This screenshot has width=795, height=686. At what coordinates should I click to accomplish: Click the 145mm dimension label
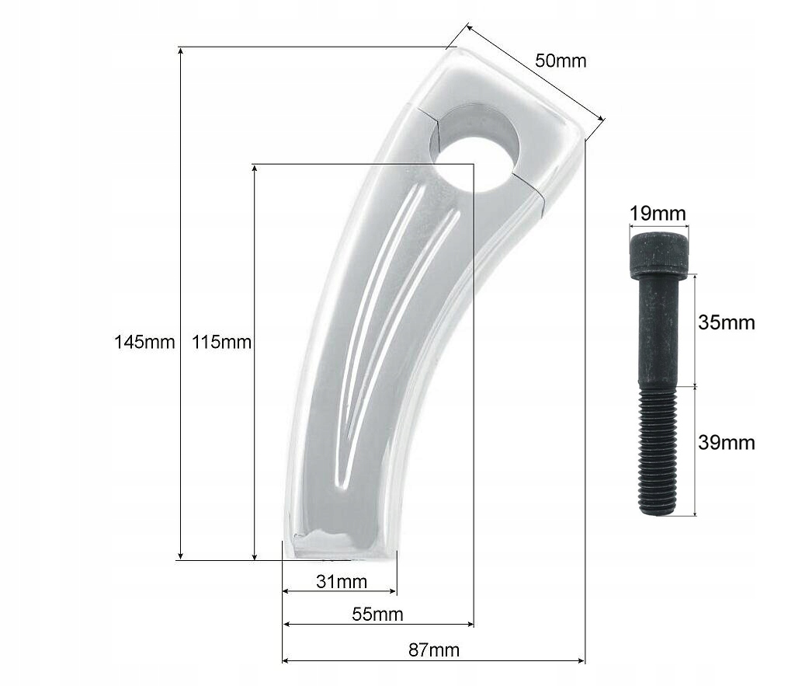coord(144,342)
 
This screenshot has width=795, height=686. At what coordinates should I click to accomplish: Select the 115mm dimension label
coord(221,342)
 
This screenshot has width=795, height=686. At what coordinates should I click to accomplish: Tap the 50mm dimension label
coord(561,61)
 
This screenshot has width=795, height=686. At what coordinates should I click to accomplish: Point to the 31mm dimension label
coord(342,581)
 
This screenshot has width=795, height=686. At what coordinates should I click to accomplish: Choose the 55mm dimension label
coord(377,614)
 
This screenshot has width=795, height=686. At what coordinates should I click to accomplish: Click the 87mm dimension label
coord(433,650)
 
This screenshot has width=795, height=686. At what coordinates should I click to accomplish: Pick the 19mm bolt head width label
coord(658,213)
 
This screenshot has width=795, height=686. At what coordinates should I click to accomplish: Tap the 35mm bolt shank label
coord(726,322)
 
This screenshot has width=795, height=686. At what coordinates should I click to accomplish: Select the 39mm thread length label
coord(726,443)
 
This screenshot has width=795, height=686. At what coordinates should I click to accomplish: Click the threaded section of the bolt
coord(658,451)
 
